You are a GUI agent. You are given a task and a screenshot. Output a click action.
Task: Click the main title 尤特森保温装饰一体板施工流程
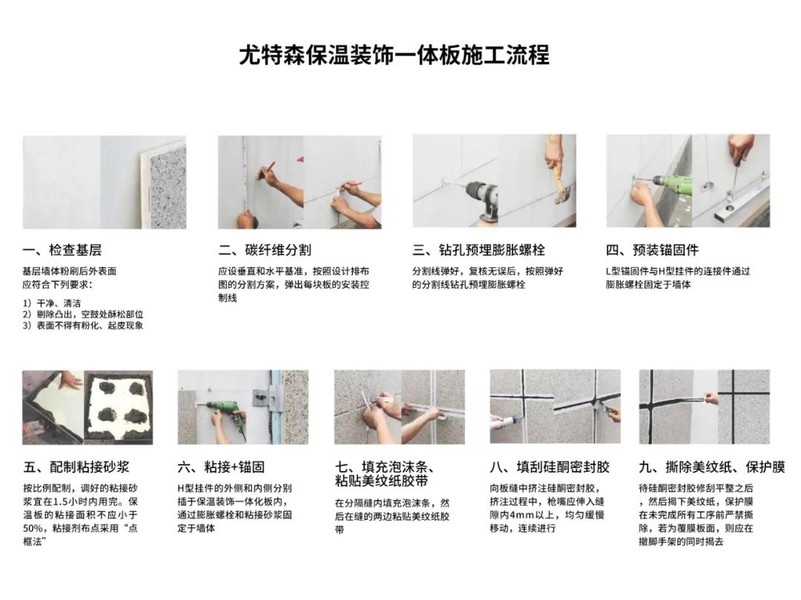(x=394, y=55)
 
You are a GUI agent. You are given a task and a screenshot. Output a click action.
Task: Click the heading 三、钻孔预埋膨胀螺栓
(x=478, y=250)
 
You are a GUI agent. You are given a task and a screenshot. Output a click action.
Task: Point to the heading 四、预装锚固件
(x=652, y=250)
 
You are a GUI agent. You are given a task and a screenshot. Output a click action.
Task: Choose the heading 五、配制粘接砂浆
(x=76, y=467)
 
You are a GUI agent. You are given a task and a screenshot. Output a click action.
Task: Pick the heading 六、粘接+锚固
(x=221, y=467)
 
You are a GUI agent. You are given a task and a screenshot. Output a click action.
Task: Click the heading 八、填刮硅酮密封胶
(x=550, y=467)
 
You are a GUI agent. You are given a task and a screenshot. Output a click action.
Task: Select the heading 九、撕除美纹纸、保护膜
(x=711, y=467)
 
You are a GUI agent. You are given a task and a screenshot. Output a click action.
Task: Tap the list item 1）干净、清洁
(x=52, y=303)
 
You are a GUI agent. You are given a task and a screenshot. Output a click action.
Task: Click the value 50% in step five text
(x=36, y=528)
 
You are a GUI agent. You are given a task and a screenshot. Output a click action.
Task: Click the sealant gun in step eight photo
(x=513, y=429)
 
